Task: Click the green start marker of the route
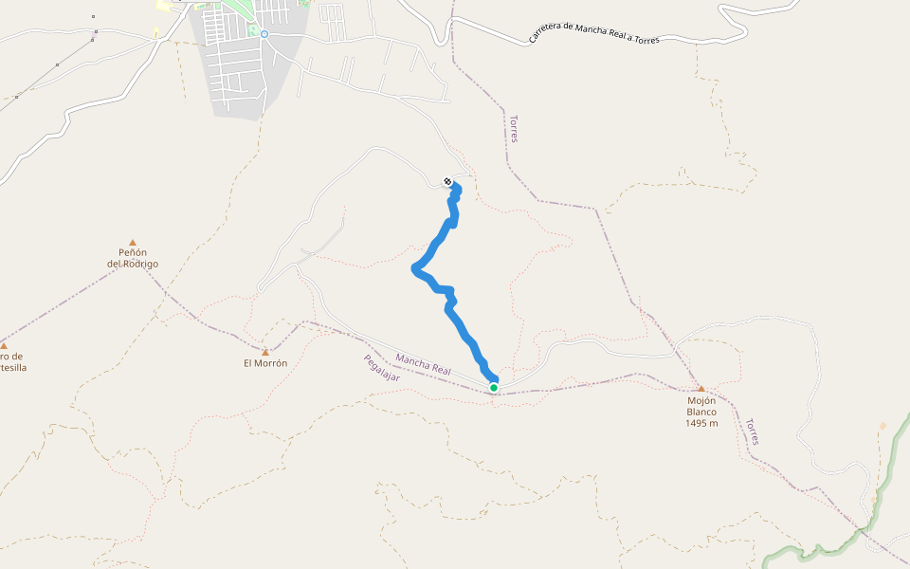[x=494, y=387]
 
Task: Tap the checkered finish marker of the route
[x=447, y=181]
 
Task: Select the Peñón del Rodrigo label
[x=133, y=258]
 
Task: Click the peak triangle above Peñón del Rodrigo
[x=133, y=243]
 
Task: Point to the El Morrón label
[x=265, y=363]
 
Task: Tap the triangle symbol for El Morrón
[x=265, y=353]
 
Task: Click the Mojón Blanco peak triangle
[x=701, y=389]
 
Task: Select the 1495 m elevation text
[x=701, y=423]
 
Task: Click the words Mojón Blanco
[x=701, y=406]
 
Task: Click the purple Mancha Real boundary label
[x=424, y=363]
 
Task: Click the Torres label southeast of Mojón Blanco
[x=752, y=431]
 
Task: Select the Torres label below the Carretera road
[x=513, y=129]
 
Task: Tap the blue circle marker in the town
[x=265, y=34]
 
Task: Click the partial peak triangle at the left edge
[x=4, y=345]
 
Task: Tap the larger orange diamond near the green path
[x=883, y=426]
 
